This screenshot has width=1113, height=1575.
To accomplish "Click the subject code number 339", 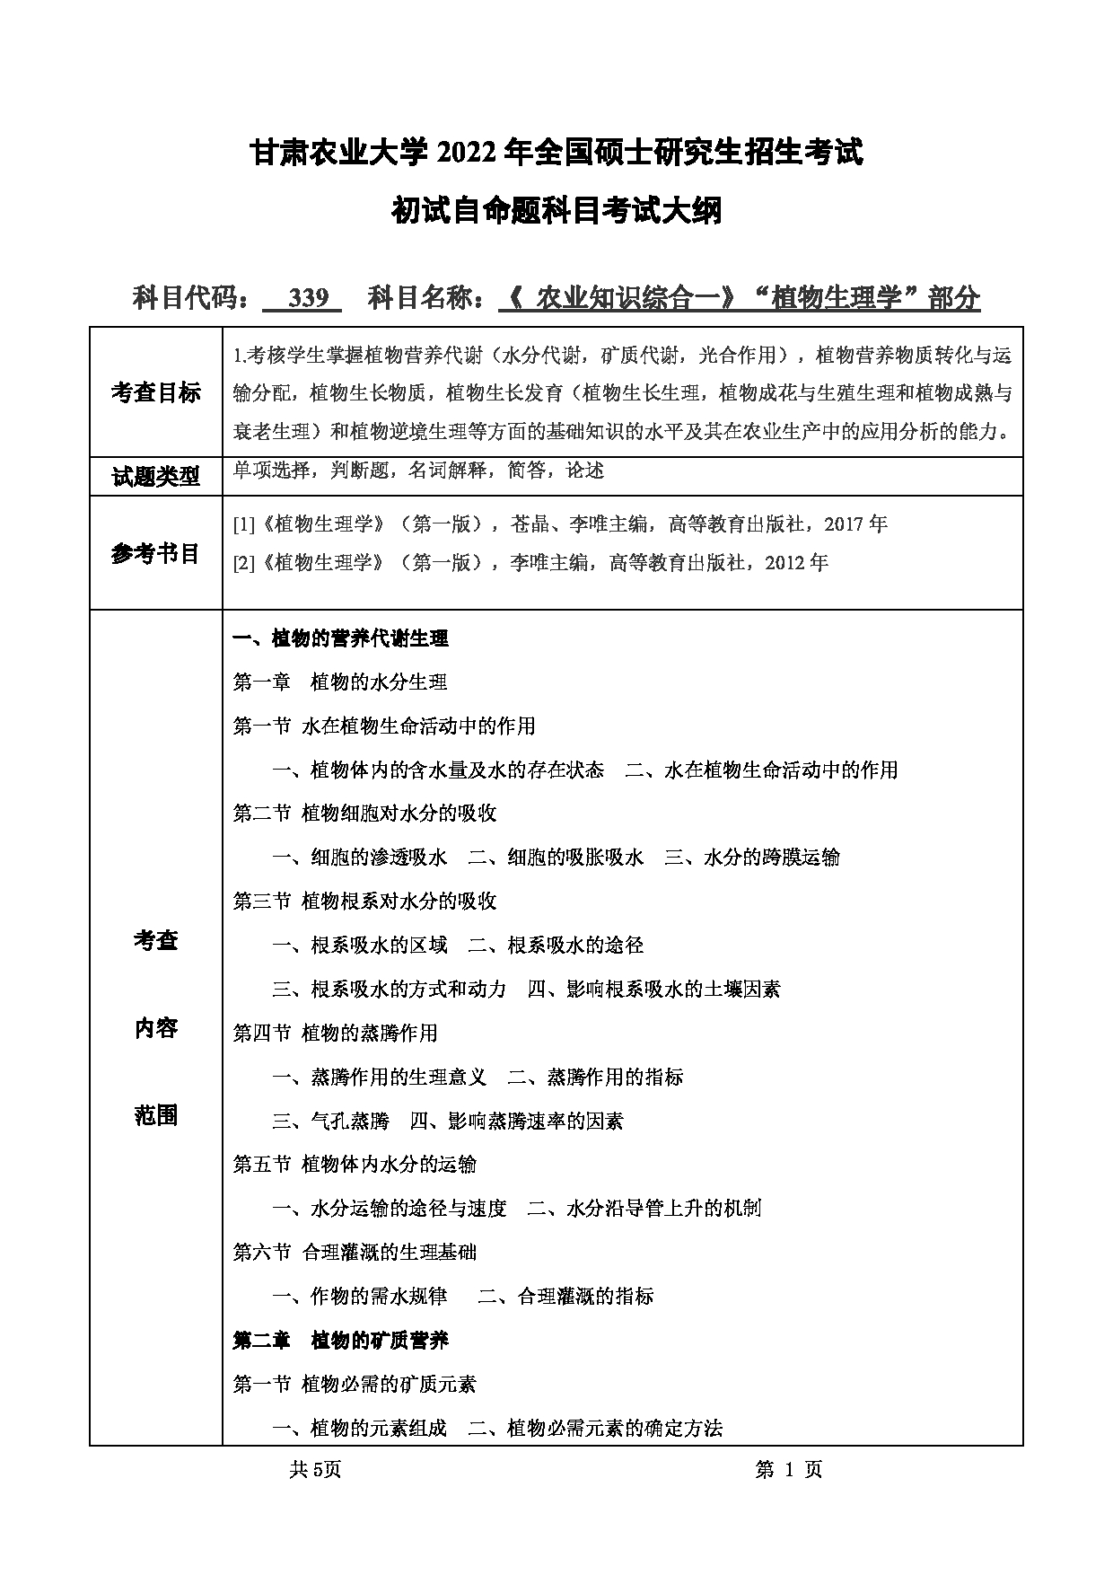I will (x=309, y=298).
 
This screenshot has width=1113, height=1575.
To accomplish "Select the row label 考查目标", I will (x=155, y=392).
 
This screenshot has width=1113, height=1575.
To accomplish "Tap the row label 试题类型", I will (x=155, y=477).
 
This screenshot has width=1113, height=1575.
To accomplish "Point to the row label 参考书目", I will (x=155, y=553).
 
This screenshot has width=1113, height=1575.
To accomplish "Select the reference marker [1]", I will (x=243, y=524).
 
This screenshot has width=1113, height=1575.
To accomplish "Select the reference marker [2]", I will (x=243, y=564).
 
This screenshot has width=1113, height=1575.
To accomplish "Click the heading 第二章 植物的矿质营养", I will (x=340, y=1341).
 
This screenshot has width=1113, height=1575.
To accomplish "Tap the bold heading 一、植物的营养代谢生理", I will (x=340, y=638).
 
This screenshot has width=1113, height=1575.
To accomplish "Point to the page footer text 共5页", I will (x=315, y=1469).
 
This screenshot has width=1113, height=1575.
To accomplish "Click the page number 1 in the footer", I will (x=790, y=1469).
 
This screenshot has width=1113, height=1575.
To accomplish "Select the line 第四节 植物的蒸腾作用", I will (x=335, y=1033).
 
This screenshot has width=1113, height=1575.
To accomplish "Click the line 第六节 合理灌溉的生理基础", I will (x=355, y=1252).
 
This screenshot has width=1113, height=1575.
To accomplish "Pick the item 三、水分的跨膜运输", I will (x=752, y=858).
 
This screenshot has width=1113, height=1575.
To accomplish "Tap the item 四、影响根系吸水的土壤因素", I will (x=653, y=990).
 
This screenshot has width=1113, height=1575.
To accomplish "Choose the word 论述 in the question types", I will (x=585, y=470).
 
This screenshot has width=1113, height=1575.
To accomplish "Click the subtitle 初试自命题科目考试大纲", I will (x=556, y=212).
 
